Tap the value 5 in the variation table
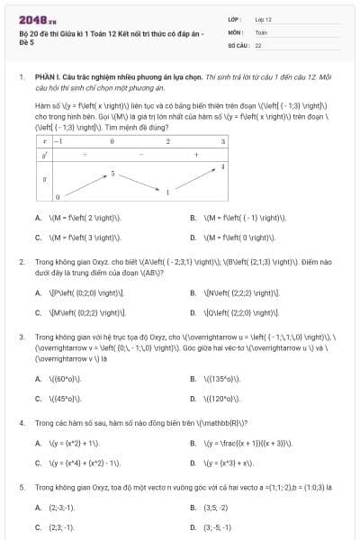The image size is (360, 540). tap(113, 171)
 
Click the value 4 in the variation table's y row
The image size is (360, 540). tap(222, 167)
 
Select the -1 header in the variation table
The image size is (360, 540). tap(58, 141)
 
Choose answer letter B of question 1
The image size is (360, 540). tap(193, 218)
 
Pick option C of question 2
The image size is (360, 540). tap(38, 313)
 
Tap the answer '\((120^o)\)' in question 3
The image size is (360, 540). tap(221, 399)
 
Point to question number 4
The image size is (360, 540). tap(21, 421)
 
